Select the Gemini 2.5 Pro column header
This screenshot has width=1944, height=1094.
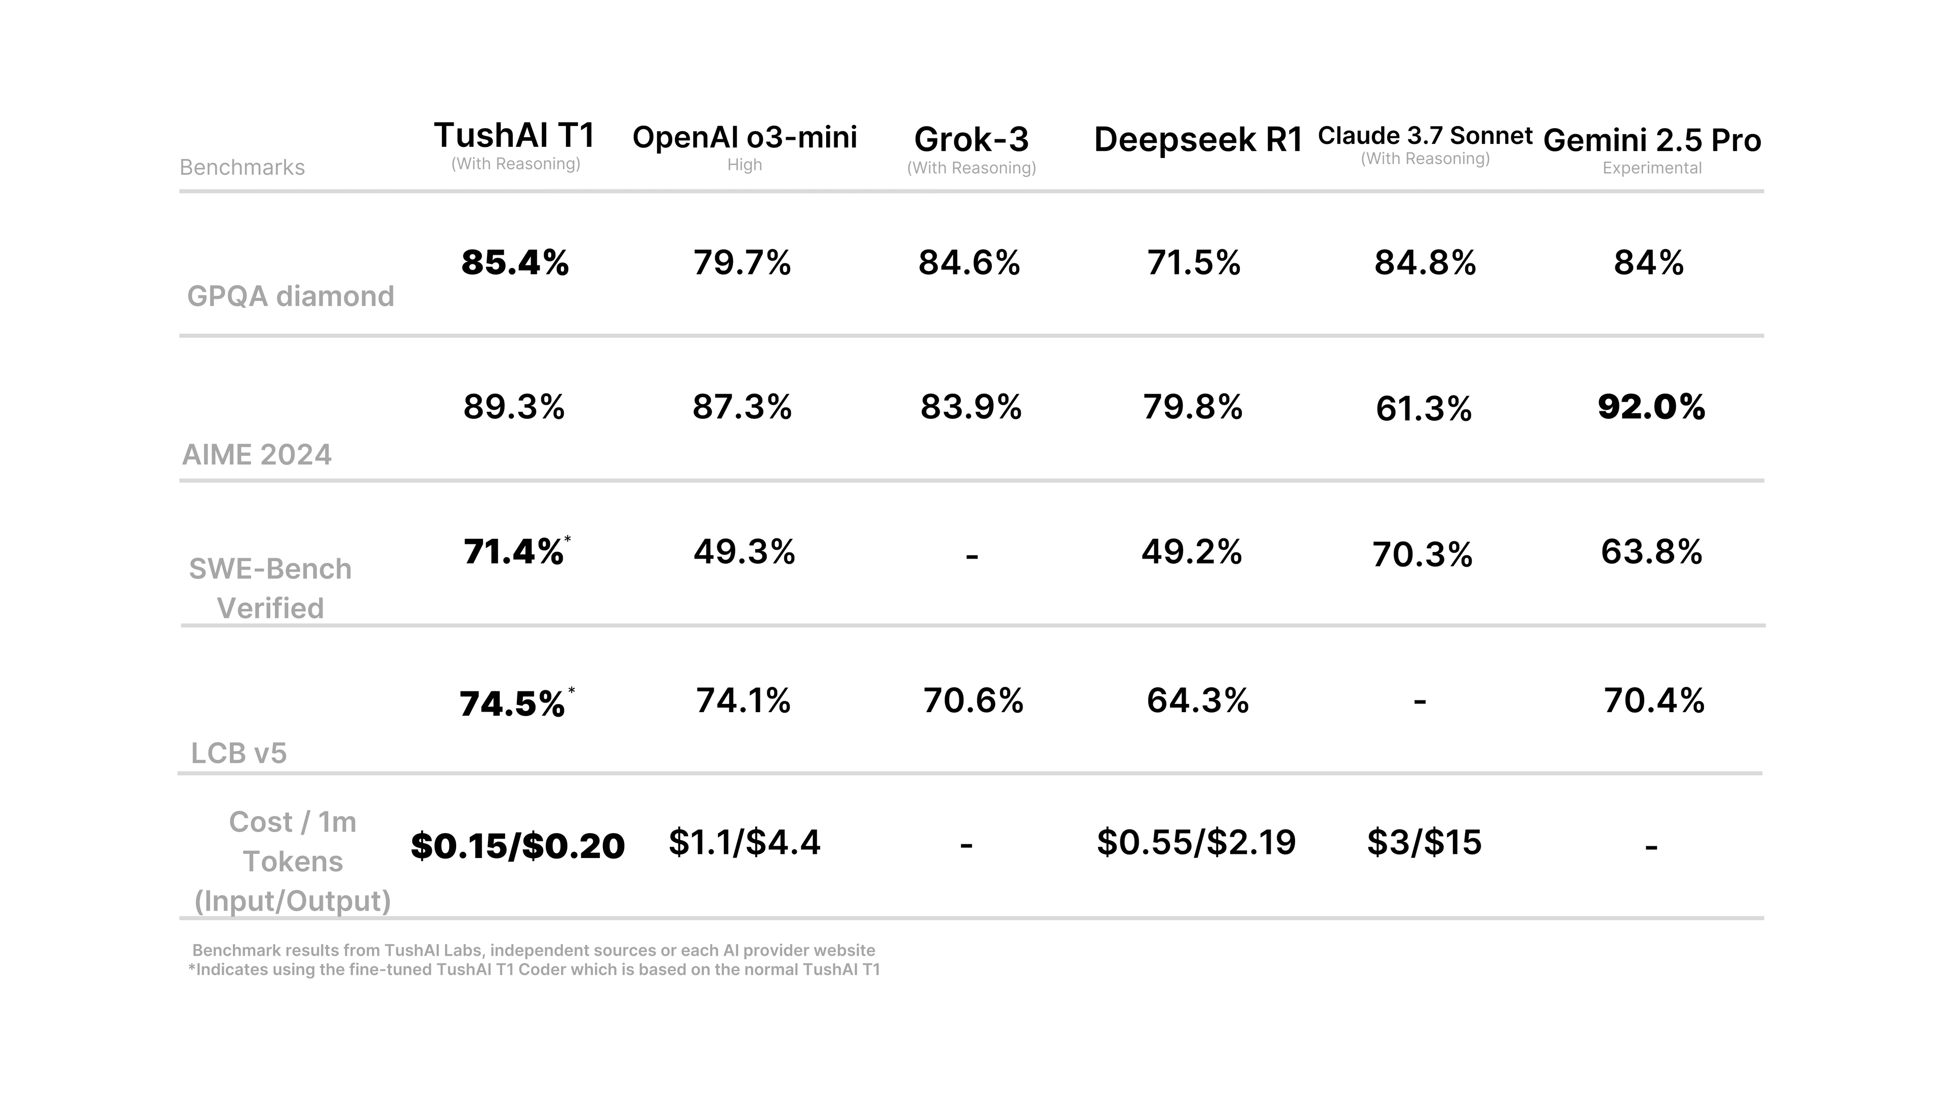[1652, 140]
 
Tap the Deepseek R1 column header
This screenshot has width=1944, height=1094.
[1198, 140]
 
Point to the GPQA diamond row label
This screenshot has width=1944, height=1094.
[291, 296]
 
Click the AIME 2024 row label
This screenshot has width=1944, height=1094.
[257, 454]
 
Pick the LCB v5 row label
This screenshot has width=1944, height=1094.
[238, 753]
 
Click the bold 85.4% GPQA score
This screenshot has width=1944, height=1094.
[515, 263]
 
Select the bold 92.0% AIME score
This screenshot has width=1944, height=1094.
[1651, 407]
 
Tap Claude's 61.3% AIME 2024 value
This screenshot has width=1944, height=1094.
[1423, 408]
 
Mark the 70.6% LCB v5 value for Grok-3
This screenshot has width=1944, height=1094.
[973, 700]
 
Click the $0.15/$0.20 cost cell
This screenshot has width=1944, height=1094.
[518, 846]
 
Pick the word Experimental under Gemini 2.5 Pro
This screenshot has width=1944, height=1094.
[1652, 168]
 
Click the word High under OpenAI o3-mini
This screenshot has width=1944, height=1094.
[744, 165]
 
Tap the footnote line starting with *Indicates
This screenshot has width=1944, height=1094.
[534, 969]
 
